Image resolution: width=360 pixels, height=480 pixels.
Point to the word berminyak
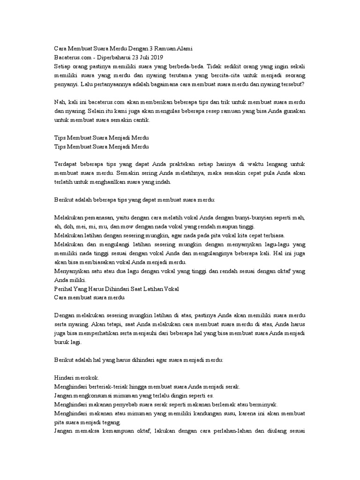tap(265, 404)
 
